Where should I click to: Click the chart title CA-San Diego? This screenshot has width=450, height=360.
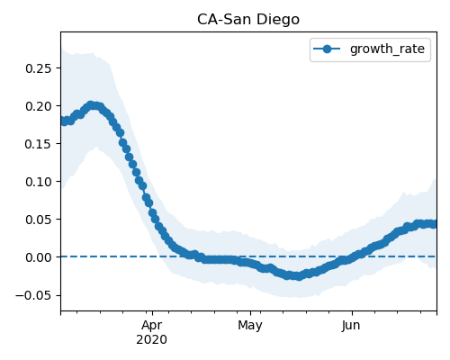(248, 20)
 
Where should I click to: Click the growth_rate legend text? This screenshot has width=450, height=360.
(387, 49)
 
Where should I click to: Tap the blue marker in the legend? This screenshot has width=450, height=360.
(327, 49)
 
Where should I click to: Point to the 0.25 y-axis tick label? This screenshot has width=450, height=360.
(39, 68)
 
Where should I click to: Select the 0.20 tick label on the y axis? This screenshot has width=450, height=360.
(39, 106)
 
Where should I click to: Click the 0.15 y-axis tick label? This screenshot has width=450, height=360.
(39, 144)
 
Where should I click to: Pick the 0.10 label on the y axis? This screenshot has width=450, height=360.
(39, 182)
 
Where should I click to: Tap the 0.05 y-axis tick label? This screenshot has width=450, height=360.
(39, 220)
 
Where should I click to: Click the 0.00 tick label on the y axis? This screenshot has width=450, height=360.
(39, 257)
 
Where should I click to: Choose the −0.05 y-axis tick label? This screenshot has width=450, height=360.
(34, 295)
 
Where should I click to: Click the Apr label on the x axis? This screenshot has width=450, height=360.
(152, 326)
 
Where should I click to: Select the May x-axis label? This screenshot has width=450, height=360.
(250, 326)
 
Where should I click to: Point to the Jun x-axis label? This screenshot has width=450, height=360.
(351, 326)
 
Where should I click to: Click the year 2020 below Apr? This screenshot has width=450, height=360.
(152, 340)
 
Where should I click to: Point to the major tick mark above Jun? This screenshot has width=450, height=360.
(352, 313)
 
